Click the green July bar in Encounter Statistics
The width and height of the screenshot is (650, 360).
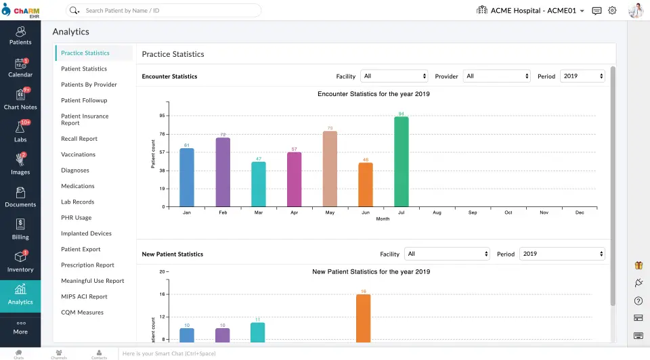click(402, 162)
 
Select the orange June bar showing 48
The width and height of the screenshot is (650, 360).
click(366, 184)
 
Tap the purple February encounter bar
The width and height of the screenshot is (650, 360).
click(223, 172)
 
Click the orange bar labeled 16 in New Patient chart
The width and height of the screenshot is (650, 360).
click(364, 318)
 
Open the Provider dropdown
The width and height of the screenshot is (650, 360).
click(498, 76)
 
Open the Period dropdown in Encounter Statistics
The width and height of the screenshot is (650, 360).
click(582, 76)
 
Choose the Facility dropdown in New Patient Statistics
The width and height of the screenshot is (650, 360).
click(447, 254)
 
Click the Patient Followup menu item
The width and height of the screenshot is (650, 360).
click(84, 100)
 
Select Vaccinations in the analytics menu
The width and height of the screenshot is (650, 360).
click(78, 154)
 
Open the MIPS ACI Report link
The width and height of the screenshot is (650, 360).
click(84, 296)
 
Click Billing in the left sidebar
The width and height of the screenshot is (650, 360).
click(20, 229)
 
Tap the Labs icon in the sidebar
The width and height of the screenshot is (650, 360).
click(20, 131)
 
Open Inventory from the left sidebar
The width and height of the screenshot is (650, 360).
click(20, 262)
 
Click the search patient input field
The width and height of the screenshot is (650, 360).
click(169, 11)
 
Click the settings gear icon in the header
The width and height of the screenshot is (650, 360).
click(612, 11)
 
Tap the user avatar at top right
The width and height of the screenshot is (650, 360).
click(636, 11)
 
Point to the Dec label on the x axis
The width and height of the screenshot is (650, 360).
click(580, 212)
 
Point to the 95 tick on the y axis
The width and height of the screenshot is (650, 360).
click(162, 116)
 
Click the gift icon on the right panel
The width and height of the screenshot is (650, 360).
click(638, 266)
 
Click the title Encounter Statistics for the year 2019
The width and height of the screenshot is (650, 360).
click(374, 94)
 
